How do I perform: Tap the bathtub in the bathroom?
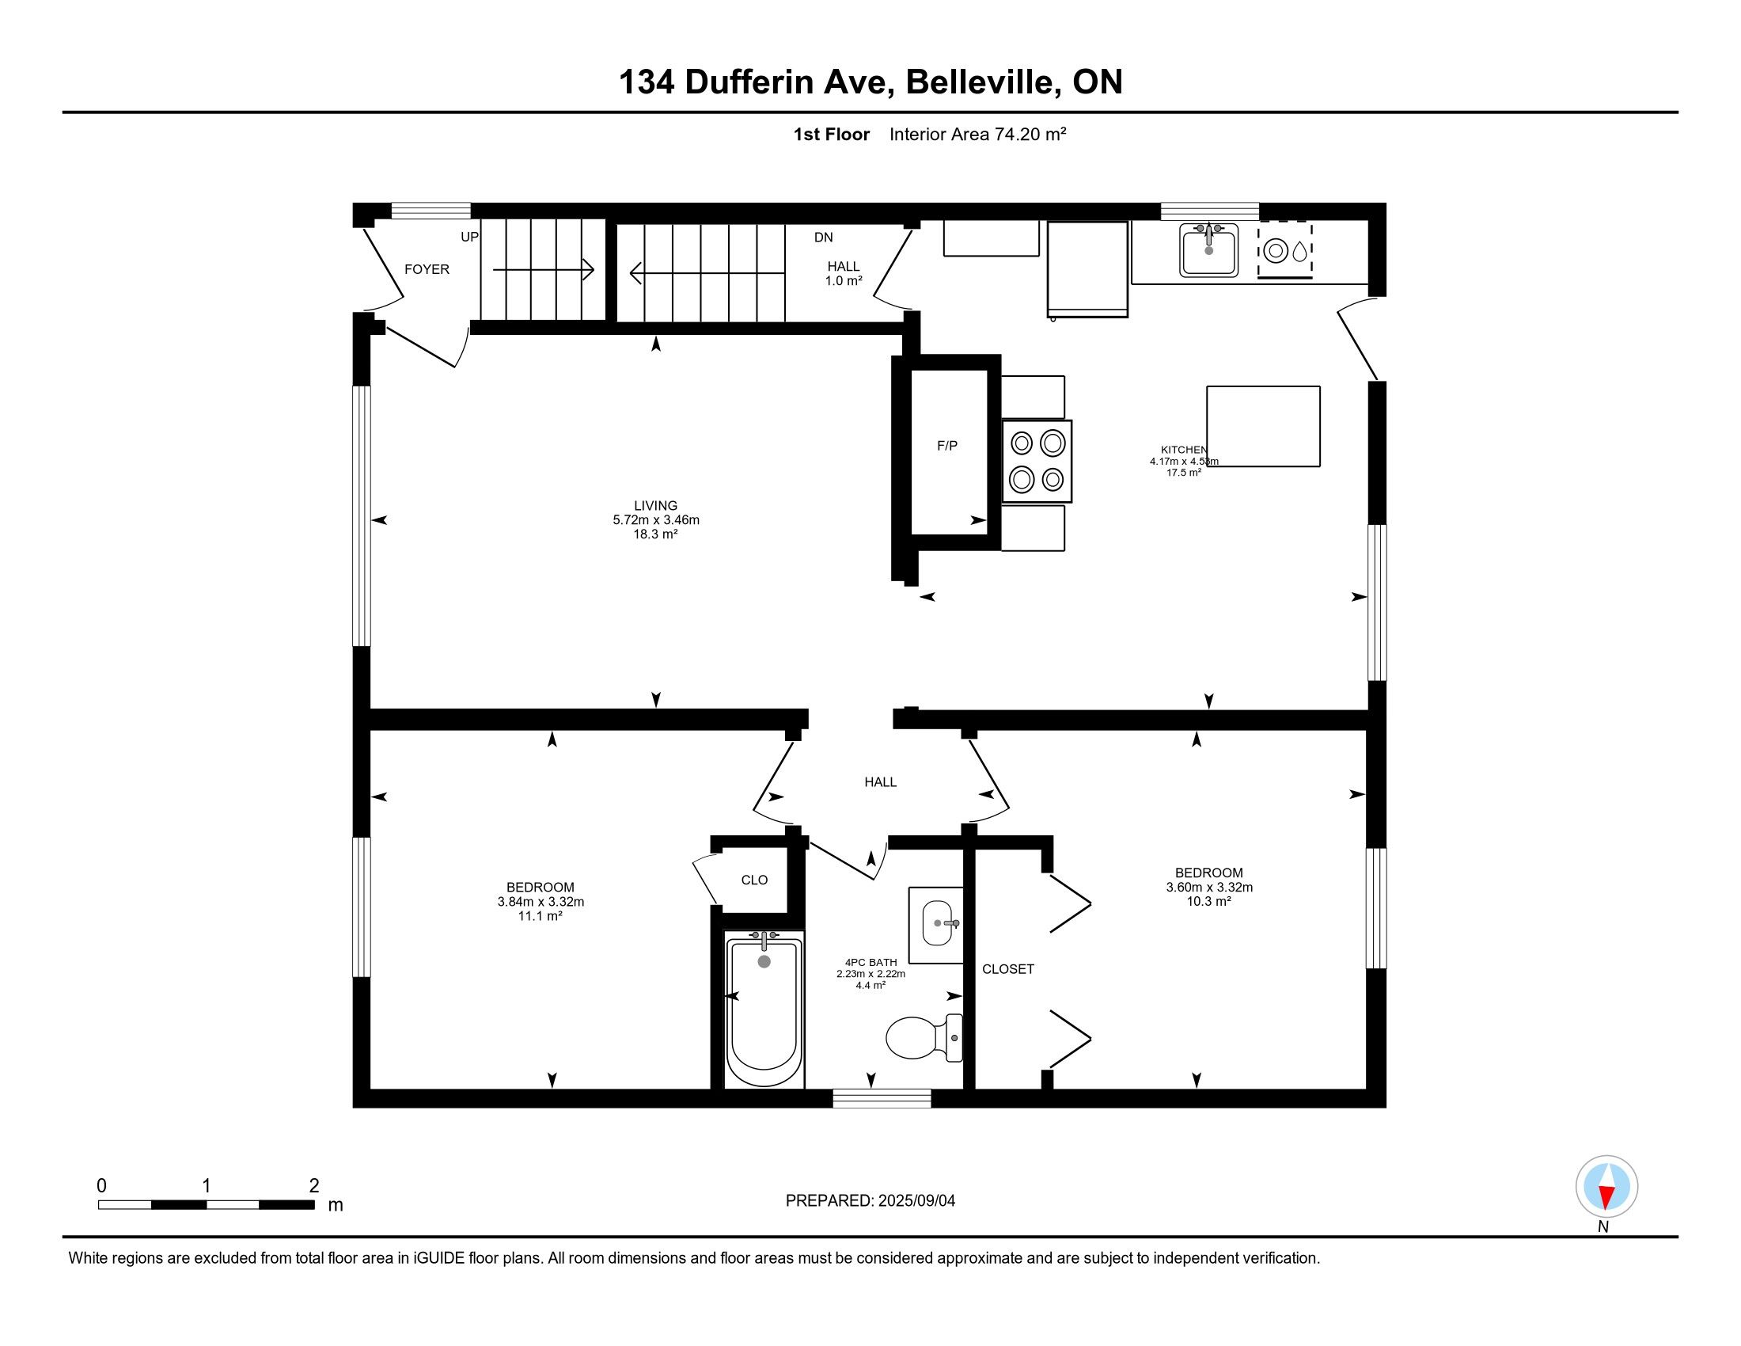click(764, 1009)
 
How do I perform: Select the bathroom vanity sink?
click(938, 924)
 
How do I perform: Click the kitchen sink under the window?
click(1208, 249)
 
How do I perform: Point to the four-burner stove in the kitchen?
click(1037, 461)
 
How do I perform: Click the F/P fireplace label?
click(947, 446)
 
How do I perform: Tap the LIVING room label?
click(655, 506)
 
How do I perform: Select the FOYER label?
click(427, 269)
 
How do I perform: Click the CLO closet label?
click(754, 880)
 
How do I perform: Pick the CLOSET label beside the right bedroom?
click(1007, 969)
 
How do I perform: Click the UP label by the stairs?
click(469, 237)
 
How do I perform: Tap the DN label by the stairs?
click(824, 238)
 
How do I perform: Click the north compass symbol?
click(1606, 1187)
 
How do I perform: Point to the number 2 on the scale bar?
click(314, 1186)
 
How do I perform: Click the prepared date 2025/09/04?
click(916, 1201)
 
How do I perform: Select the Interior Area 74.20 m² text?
click(977, 134)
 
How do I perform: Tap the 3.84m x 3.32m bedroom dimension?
click(541, 902)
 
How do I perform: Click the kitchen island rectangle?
click(1264, 427)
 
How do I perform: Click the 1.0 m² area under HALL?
click(844, 281)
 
